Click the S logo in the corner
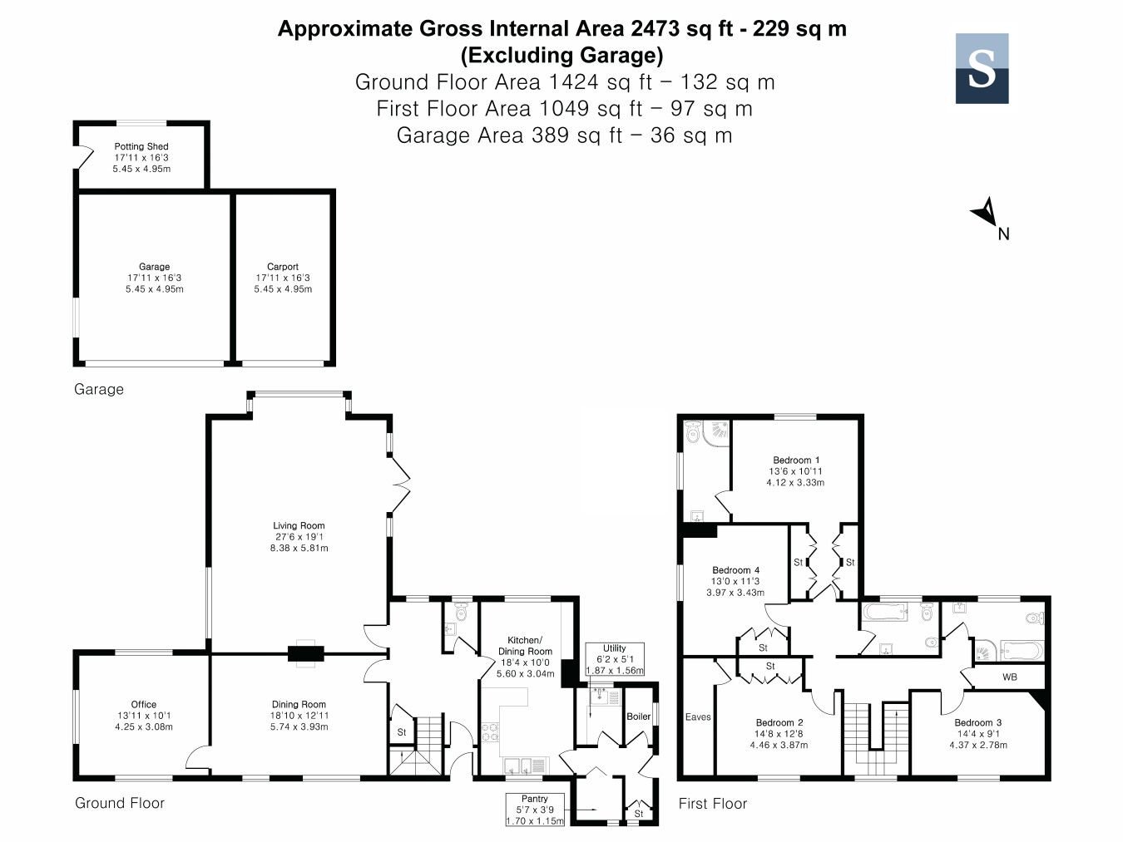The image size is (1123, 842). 982,68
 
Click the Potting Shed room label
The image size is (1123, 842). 141,147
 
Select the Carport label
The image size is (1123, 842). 282,267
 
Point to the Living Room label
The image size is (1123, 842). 299,525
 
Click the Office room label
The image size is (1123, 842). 144,705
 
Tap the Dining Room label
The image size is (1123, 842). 299,705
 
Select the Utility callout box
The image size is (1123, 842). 615,659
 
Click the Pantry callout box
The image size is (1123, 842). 535,810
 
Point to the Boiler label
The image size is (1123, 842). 639,716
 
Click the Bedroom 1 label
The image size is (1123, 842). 796,460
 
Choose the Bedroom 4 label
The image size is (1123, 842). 735,570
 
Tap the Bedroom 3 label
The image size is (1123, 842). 977,722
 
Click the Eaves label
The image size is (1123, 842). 698,716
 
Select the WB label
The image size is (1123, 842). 1009,677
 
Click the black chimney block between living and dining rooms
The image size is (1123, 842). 306,653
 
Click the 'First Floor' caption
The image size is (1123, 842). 713,804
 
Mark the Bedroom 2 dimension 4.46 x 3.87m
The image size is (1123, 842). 779,745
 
